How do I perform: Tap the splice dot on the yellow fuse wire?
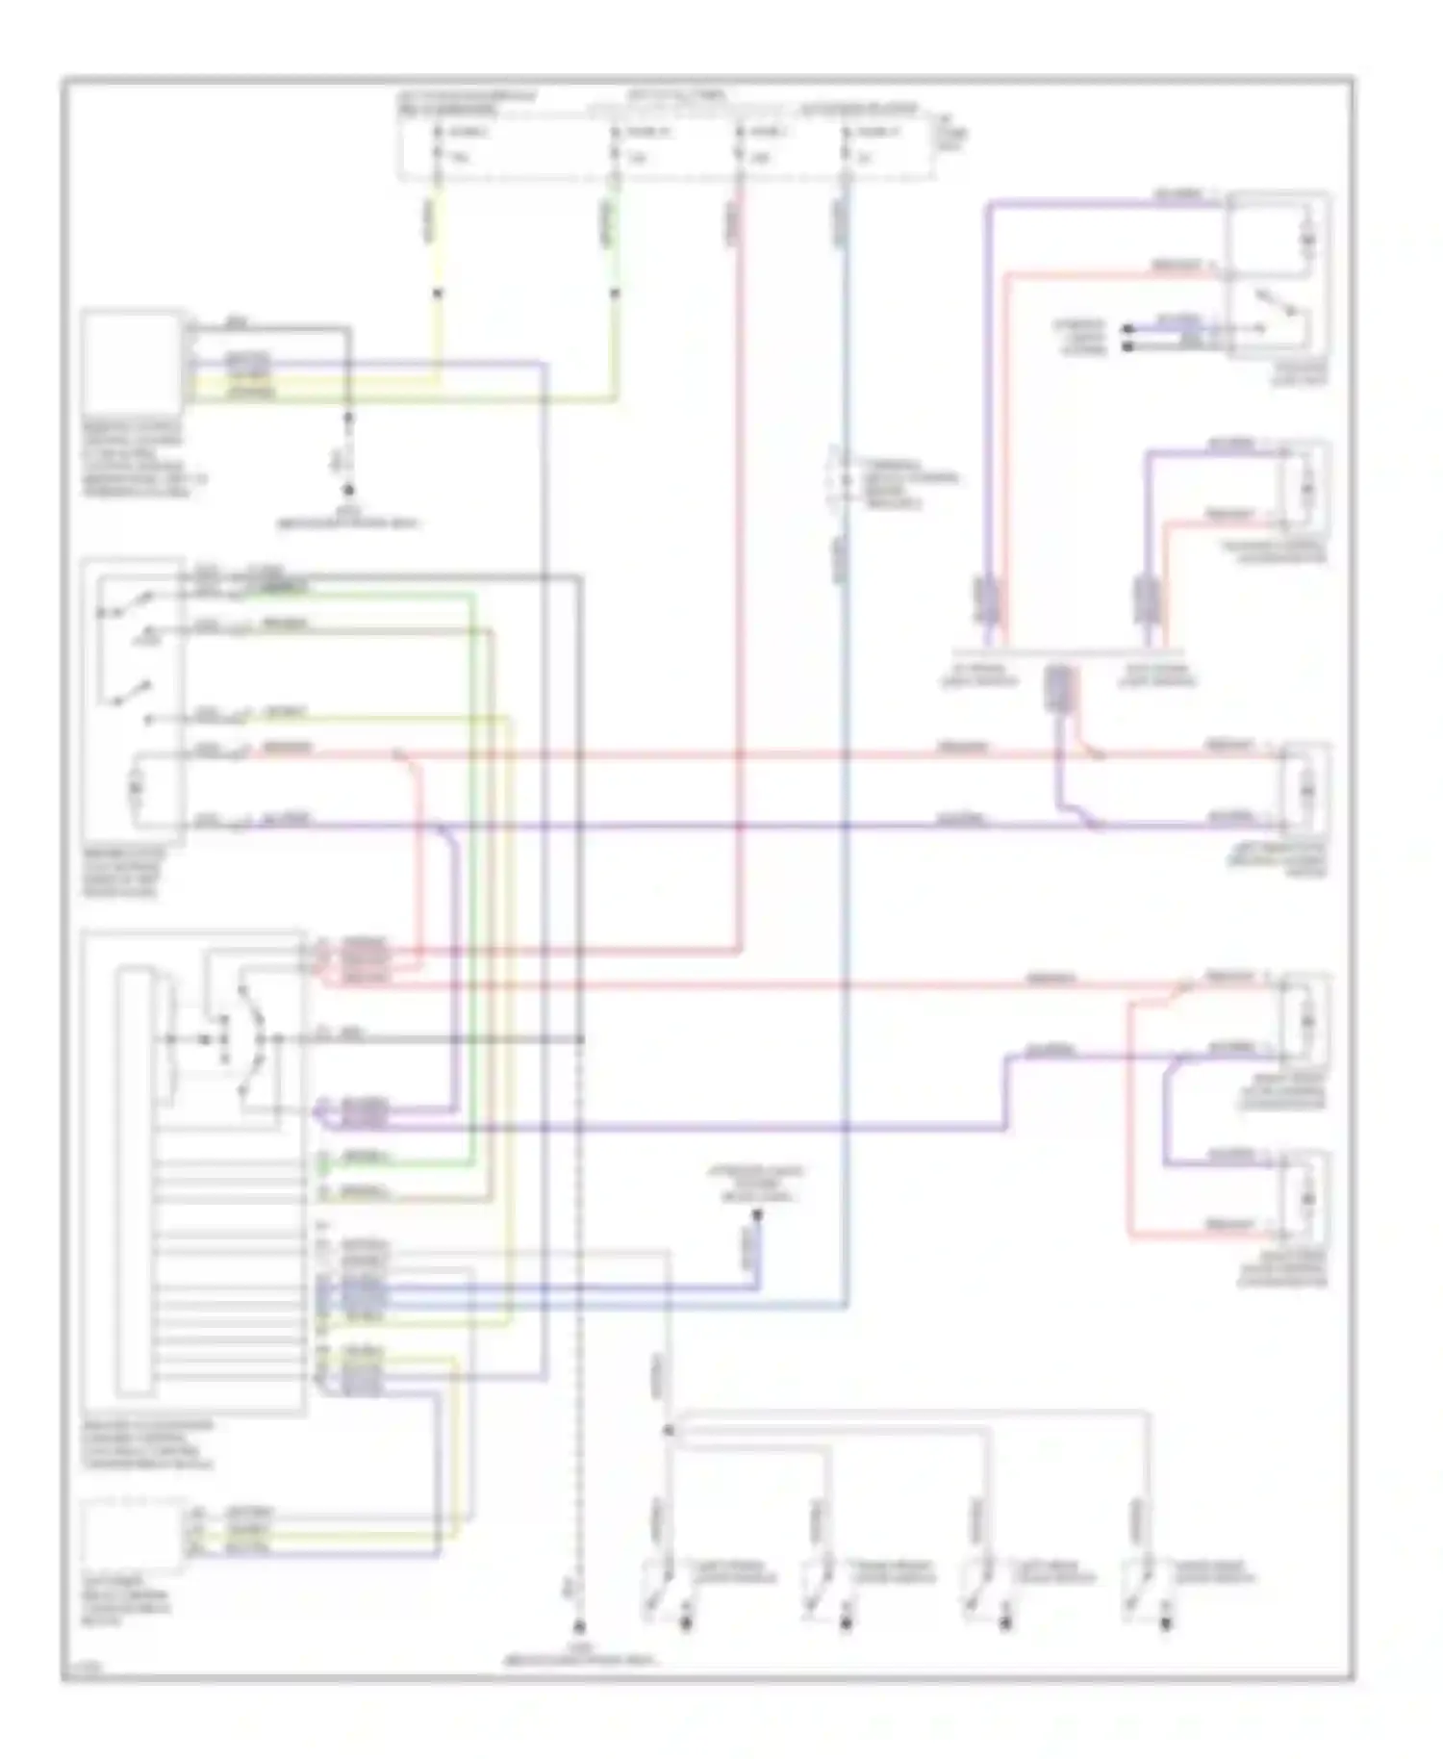(438, 293)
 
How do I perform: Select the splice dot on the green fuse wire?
(615, 293)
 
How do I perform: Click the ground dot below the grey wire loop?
(349, 490)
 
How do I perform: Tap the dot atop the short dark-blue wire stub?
(756, 1216)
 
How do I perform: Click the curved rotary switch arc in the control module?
(255, 1039)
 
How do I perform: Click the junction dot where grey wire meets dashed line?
(580, 1039)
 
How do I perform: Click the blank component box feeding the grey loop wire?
(133, 361)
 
